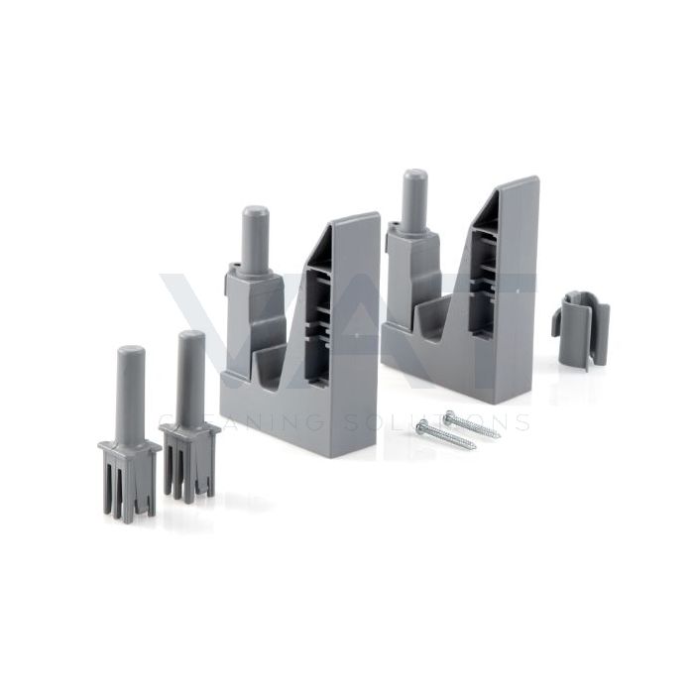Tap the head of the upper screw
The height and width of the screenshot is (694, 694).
tap(448, 415)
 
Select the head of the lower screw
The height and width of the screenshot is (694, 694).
tap(422, 426)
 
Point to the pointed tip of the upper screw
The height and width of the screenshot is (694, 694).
tap(499, 434)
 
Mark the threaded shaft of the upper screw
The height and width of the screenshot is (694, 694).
tap(475, 425)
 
